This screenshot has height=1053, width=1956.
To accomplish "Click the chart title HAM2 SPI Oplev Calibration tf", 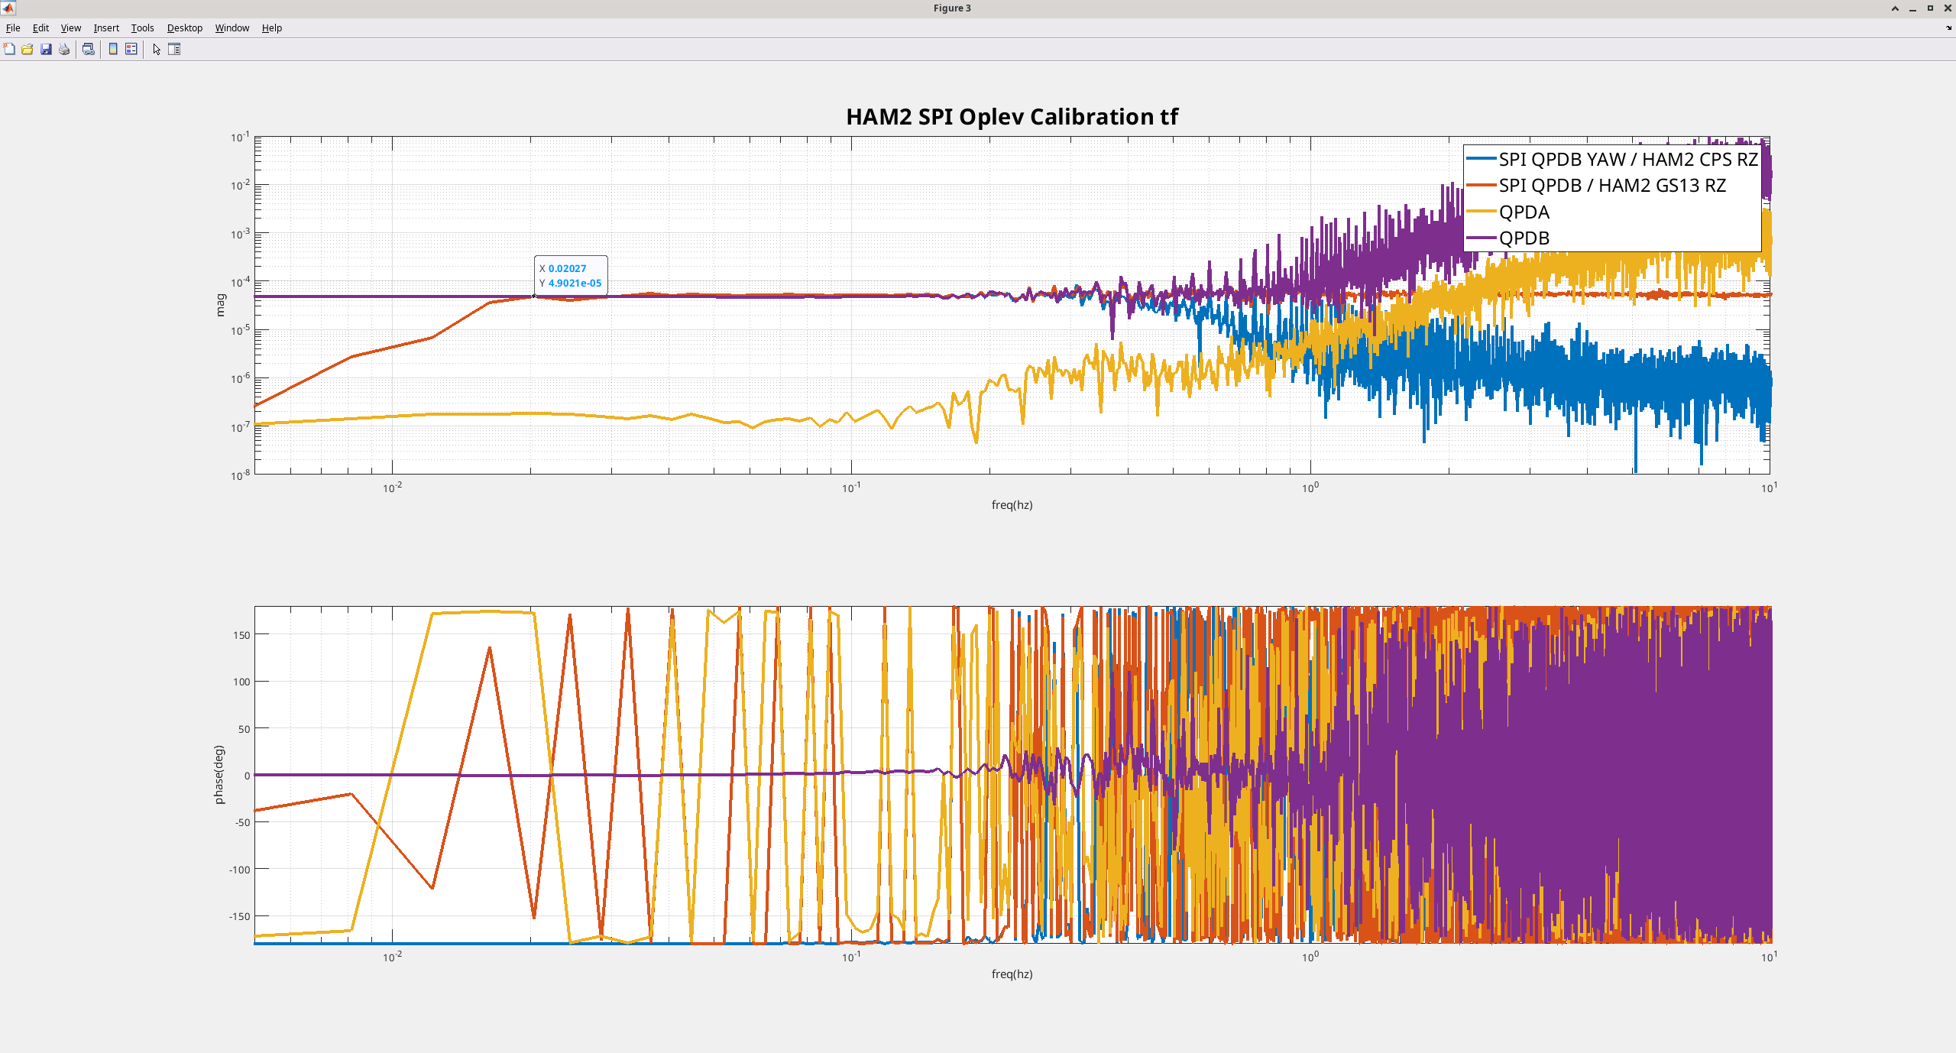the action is coord(1012,117).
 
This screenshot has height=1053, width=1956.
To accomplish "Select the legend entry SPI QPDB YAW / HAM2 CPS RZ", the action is coord(1612,159).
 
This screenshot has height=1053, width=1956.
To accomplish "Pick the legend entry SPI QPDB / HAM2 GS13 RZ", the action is coord(1596,186).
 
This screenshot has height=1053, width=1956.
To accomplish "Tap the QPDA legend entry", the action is coord(1508,212).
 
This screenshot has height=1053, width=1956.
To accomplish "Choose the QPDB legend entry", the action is coord(1508,238).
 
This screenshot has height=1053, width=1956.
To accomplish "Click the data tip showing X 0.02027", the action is coord(571,276).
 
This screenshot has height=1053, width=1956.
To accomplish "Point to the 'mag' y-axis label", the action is coord(221,305).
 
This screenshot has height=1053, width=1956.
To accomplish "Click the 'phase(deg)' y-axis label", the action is coord(219,774).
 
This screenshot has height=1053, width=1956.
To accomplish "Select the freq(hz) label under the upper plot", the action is coord(1012,504).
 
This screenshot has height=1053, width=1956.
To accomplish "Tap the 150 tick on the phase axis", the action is coord(241,634).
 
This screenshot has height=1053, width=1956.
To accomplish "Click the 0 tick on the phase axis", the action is coord(247,775).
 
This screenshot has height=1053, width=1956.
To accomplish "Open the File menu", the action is coord(13,28).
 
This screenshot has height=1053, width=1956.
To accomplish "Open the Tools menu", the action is coord(142,28).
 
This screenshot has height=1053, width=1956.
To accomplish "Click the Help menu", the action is coord(272,28).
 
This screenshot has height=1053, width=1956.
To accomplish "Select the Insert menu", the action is coord(106,28).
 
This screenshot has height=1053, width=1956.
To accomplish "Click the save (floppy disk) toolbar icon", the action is coord(46,50).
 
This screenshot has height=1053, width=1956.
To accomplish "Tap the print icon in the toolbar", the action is coord(64,50).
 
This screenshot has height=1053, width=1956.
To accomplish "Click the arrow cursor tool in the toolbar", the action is coord(157,50).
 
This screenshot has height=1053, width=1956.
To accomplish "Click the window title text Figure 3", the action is coord(952,8).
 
